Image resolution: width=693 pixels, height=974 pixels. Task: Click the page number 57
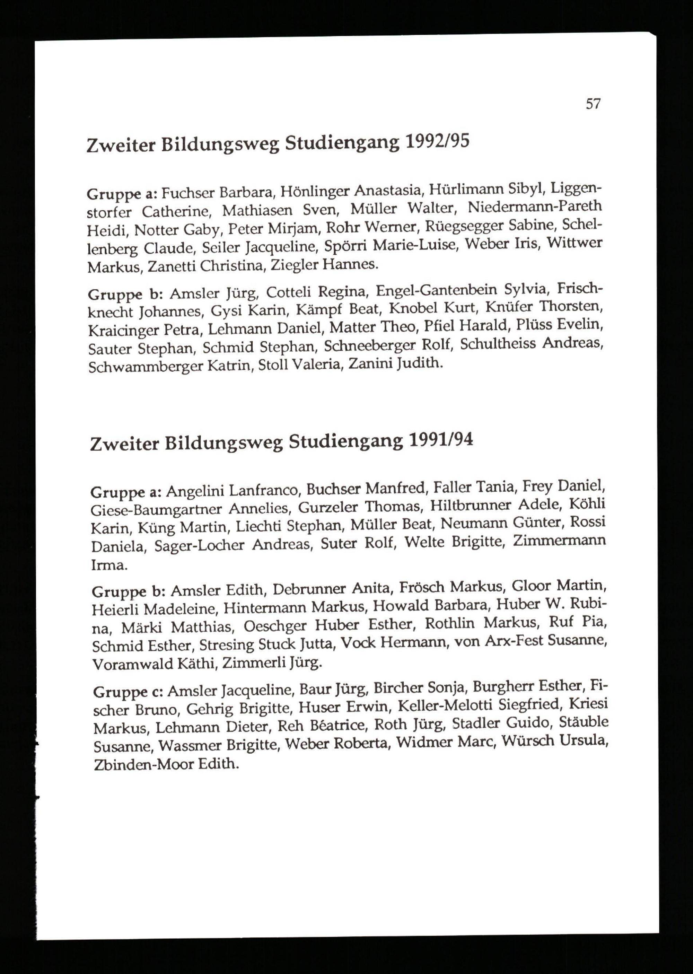[x=593, y=104]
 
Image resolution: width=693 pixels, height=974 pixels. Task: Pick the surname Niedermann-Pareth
[x=535, y=207]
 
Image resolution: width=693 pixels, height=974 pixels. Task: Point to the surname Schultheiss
[x=498, y=344]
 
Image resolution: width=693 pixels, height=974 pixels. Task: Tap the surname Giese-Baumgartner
[x=156, y=509]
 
